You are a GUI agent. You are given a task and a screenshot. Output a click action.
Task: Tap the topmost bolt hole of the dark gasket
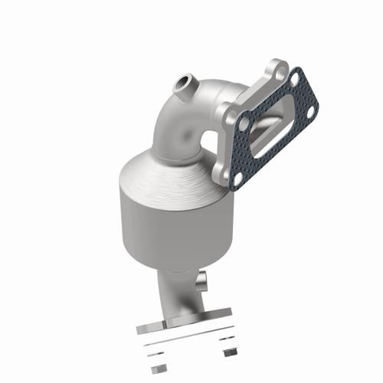[295, 77]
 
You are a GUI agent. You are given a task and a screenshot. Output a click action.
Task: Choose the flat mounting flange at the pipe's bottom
[184, 313]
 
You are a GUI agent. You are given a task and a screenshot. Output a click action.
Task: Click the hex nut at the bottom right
[228, 354]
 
